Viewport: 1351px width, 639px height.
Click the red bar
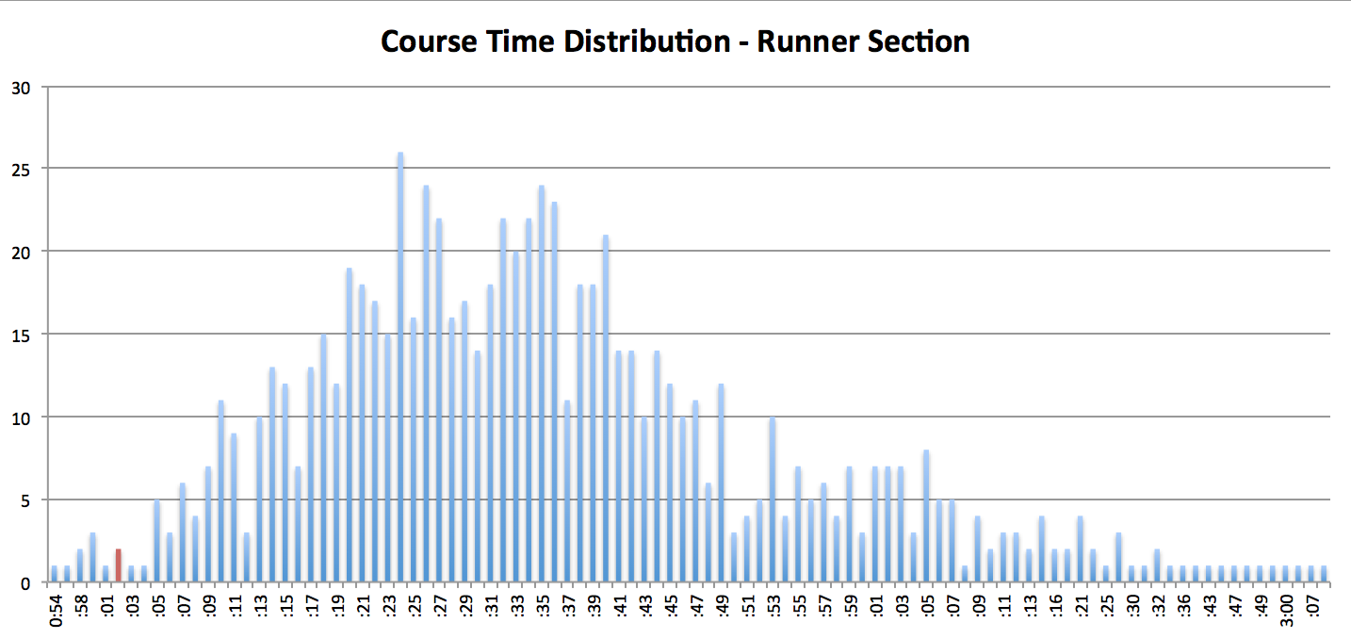point(119,565)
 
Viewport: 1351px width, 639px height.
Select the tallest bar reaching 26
point(400,368)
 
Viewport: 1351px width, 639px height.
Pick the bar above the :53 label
point(773,500)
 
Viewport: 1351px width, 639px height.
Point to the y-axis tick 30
point(21,88)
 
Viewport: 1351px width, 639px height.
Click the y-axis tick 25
point(21,170)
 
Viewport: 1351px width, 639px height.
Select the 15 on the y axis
point(21,335)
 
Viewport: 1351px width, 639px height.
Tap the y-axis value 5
point(25,500)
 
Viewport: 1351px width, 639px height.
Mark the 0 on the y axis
point(25,582)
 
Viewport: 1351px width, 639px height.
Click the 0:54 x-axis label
point(55,608)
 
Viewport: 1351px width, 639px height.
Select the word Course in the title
point(426,42)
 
